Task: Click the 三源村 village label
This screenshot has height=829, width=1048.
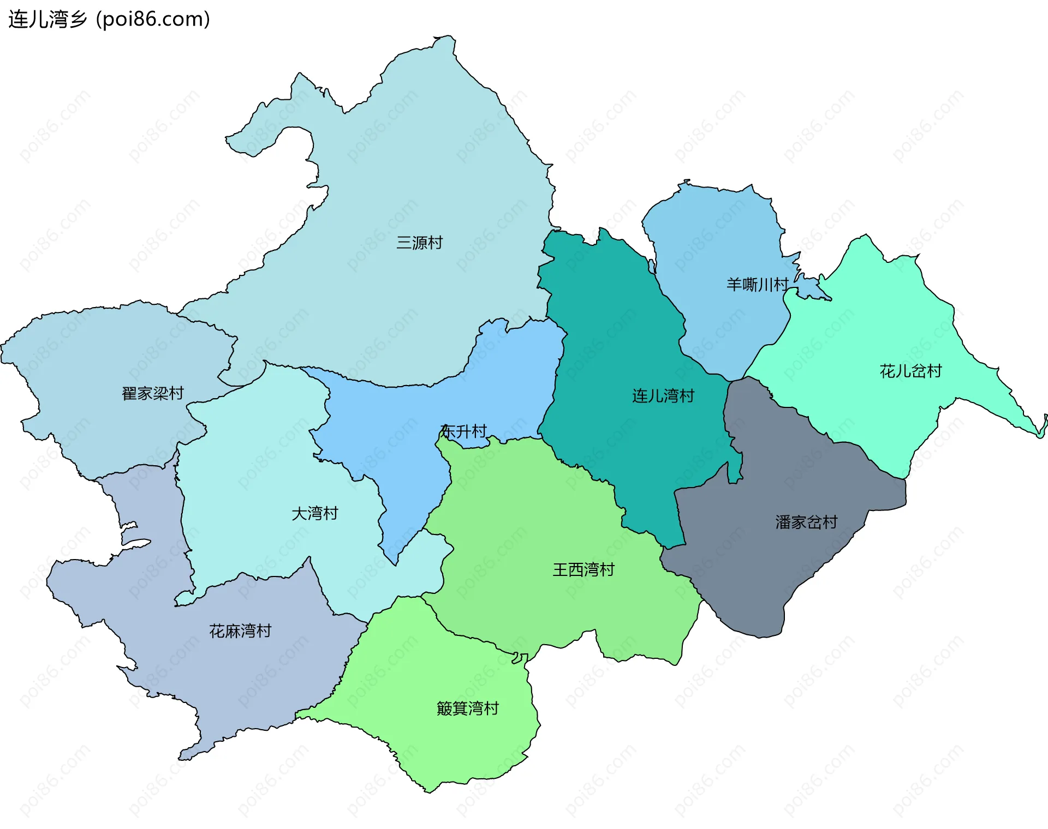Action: (x=419, y=243)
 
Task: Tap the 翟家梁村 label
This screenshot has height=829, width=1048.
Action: (x=152, y=393)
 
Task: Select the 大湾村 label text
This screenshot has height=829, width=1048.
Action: (x=315, y=513)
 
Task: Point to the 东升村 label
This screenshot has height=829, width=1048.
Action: (x=463, y=431)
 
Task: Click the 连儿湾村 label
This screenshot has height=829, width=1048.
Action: (x=663, y=396)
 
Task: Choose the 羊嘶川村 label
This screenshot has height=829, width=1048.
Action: (x=757, y=284)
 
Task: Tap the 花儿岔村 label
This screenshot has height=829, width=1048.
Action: (x=910, y=371)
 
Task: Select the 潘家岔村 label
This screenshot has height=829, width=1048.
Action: (x=806, y=522)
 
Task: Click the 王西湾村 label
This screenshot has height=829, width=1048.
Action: (x=583, y=570)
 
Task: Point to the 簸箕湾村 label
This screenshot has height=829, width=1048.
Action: (x=468, y=708)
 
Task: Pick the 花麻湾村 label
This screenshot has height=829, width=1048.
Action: (x=240, y=631)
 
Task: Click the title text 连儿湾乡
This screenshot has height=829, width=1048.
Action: (x=48, y=20)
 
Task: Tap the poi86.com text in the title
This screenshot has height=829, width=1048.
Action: (x=153, y=20)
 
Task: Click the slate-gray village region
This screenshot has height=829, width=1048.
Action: (x=775, y=573)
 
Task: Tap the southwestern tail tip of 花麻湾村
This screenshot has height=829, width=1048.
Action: (x=181, y=759)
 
